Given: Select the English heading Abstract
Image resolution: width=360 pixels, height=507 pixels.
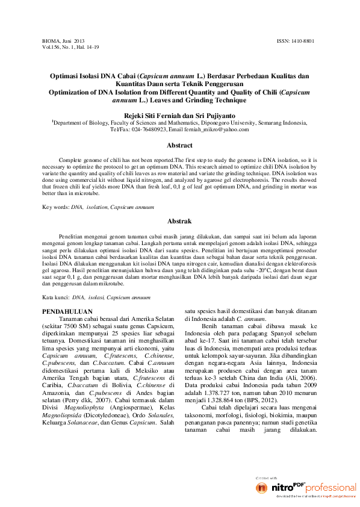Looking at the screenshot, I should tap(179, 145).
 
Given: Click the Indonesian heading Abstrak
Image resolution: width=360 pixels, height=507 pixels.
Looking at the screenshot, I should tap(179, 221).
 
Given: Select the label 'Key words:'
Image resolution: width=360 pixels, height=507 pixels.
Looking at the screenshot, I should tap(55, 207).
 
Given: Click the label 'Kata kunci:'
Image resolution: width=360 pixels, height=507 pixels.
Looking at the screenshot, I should tap(55, 297).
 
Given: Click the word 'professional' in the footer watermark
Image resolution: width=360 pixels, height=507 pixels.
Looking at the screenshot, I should tap(331, 487).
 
